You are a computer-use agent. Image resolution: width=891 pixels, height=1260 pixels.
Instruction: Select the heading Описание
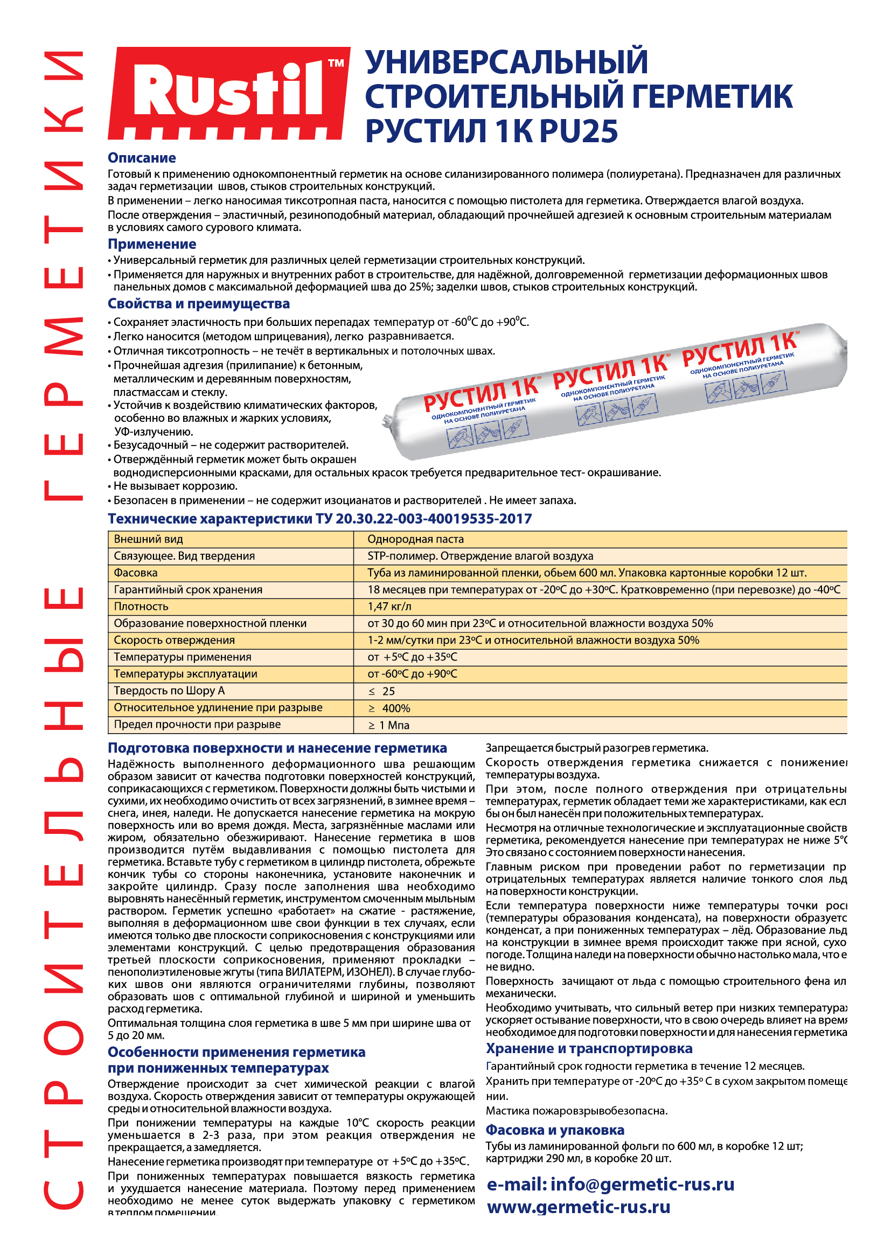(x=142, y=158)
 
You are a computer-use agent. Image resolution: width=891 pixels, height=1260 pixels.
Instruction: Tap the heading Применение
(x=151, y=244)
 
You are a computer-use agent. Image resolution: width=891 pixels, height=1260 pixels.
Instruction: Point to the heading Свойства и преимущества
(x=199, y=304)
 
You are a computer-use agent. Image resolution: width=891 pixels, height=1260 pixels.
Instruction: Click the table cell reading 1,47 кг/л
(x=389, y=607)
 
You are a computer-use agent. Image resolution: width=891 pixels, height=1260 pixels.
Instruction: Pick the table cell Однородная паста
(x=415, y=539)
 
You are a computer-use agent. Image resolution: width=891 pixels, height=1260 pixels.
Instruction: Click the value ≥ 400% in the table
(x=389, y=708)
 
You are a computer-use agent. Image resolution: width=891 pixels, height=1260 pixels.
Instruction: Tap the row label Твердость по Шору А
(x=169, y=691)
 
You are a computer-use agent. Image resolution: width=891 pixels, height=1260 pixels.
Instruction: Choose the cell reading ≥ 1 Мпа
(x=388, y=726)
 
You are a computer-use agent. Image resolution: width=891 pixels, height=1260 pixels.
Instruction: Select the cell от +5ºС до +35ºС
(x=412, y=657)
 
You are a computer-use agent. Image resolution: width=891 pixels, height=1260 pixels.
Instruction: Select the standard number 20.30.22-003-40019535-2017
(x=434, y=519)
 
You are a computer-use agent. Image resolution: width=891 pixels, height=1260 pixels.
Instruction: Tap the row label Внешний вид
(x=148, y=539)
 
